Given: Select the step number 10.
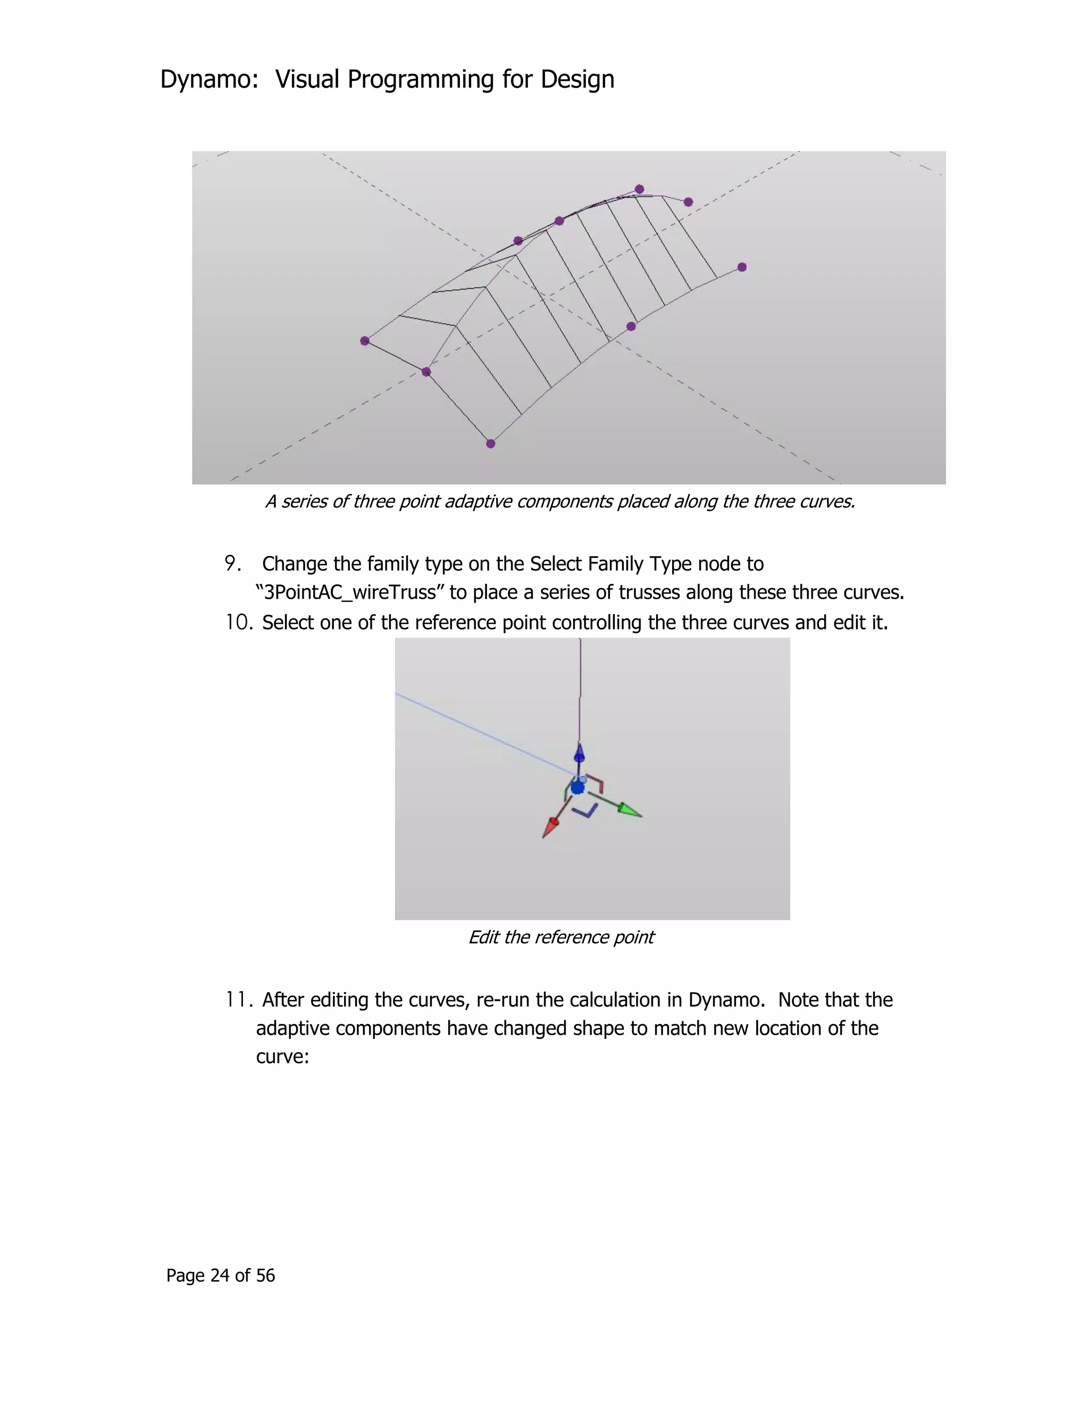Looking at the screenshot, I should click(x=237, y=623).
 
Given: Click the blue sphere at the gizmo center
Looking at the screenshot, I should click(x=577, y=787).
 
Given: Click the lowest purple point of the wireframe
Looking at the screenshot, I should click(x=490, y=443).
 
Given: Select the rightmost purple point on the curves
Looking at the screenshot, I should click(x=742, y=267).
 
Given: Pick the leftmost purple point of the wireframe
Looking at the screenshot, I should click(x=364, y=341).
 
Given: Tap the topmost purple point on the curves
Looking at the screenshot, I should click(x=639, y=189).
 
